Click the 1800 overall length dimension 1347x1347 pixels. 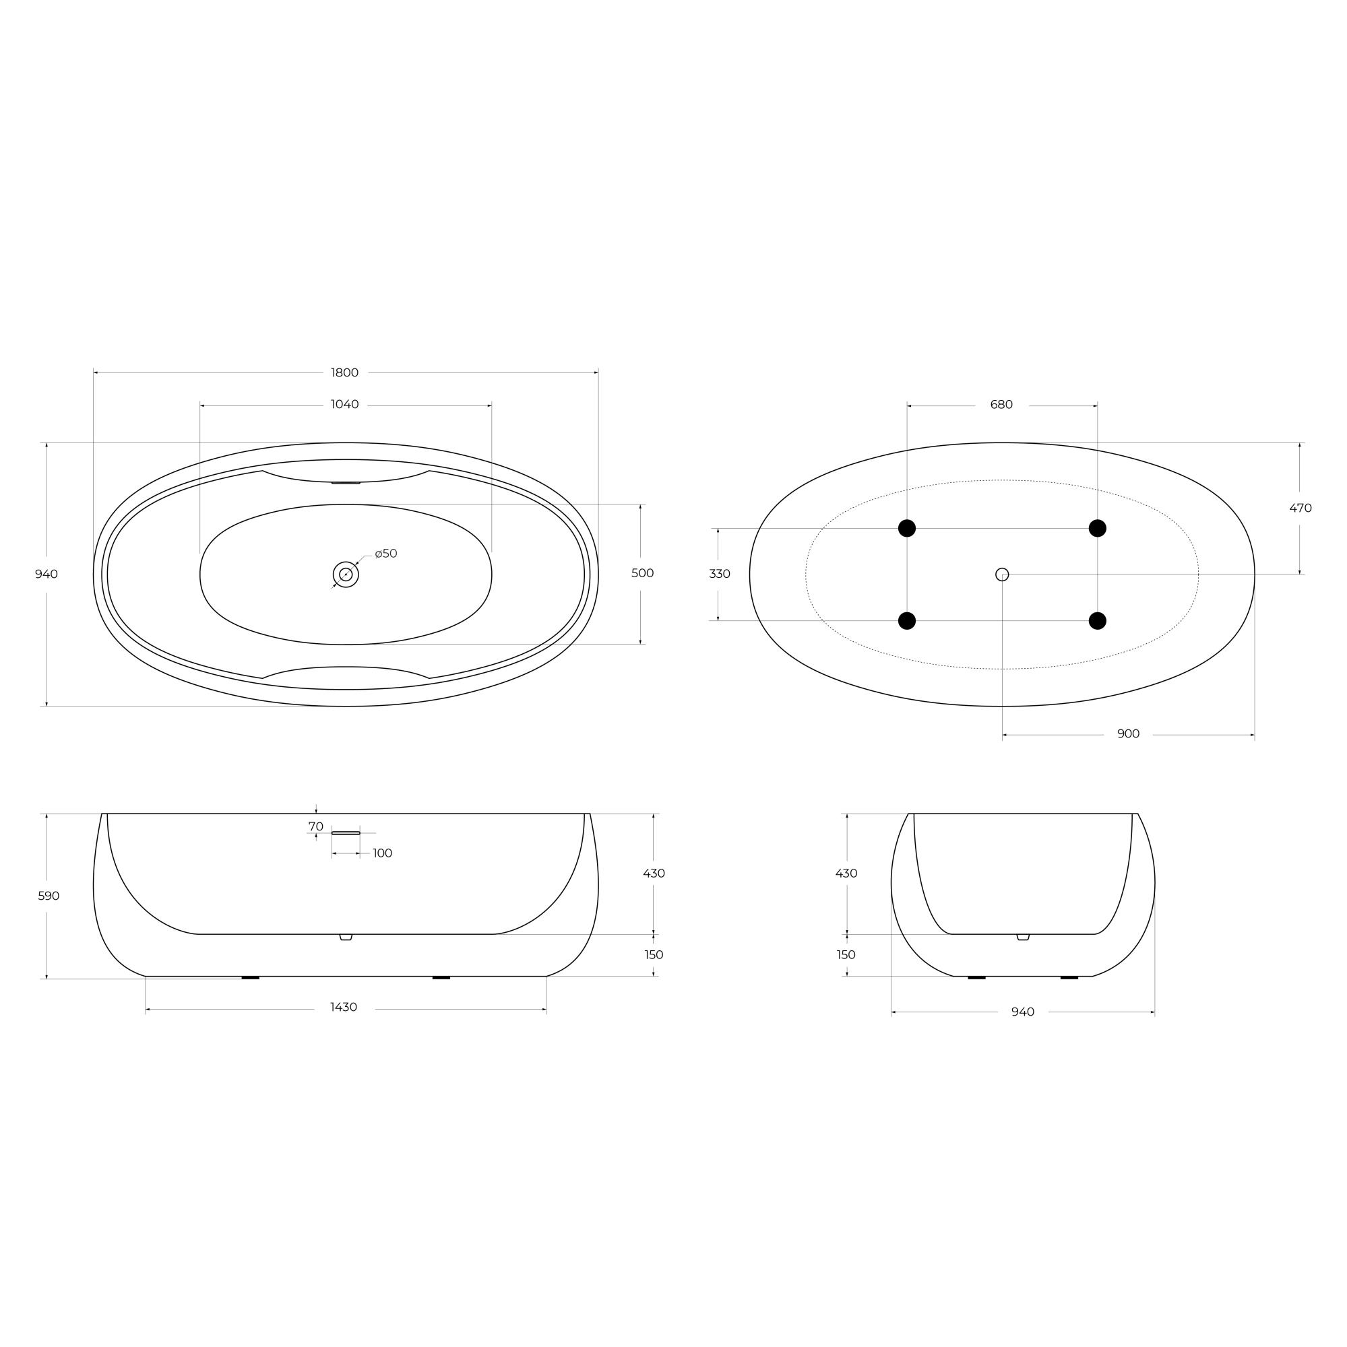tap(344, 373)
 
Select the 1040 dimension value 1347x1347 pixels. tap(344, 405)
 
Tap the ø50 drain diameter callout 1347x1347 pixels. tap(385, 554)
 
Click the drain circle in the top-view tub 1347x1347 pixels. tap(346, 574)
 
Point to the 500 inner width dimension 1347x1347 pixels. tap(642, 573)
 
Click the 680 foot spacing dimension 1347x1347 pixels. tap(1001, 405)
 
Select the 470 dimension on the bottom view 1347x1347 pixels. tap(1301, 508)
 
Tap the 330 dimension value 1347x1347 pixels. tap(720, 574)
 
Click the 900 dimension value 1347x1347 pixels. tap(1128, 733)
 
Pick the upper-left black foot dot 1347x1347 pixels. tap(907, 529)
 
